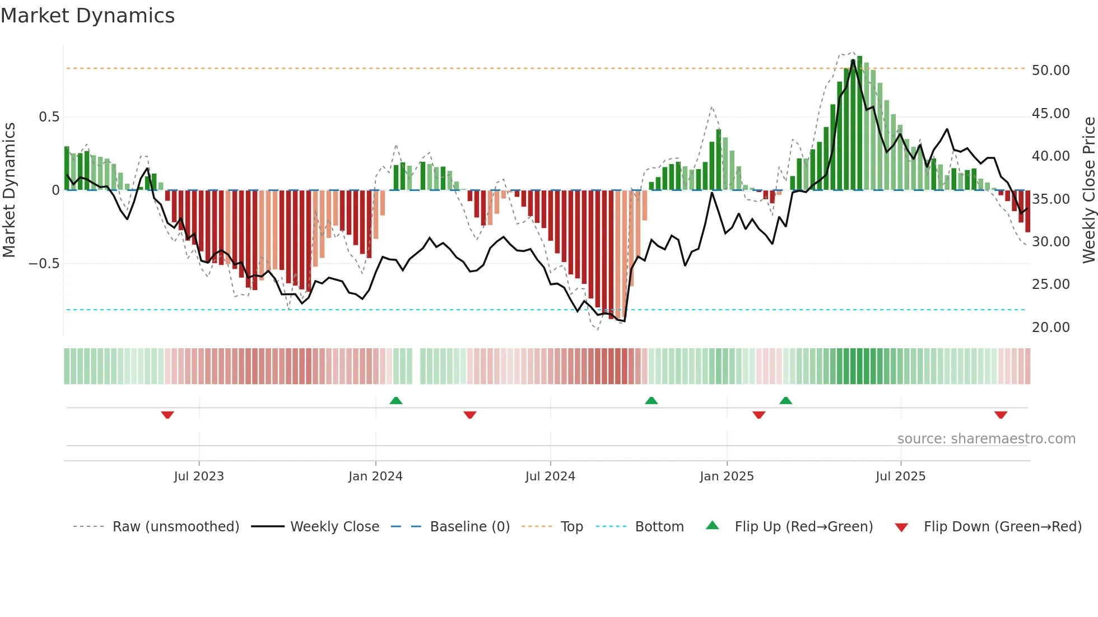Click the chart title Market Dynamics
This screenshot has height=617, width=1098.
pyautogui.click(x=87, y=16)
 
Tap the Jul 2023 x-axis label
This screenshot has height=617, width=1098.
pyautogui.click(x=198, y=476)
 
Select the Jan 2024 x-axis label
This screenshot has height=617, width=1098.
pyautogui.click(x=375, y=476)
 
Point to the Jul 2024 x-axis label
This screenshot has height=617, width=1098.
pyautogui.click(x=550, y=476)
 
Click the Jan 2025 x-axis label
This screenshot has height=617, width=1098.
pyautogui.click(x=727, y=476)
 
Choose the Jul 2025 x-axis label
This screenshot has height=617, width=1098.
pyautogui.click(x=900, y=476)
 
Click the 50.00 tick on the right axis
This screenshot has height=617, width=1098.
pyautogui.click(x=1050, y=71)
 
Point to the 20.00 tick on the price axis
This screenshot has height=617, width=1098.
pyautogui.click(x=1050, y=328)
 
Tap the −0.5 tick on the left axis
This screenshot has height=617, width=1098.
pyautogui.click(x=44, y=264)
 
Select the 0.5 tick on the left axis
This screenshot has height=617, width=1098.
pyautogui.click(x=49, y=117)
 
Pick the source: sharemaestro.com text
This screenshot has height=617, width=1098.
pyautogui.click(x=986, y=439)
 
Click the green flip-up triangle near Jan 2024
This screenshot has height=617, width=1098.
pyautogui.click(x=396, y=400)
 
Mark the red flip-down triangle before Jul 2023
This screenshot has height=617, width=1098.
pyautogui.click(x=168, y=415)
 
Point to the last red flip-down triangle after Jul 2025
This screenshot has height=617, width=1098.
pyautogui.click(x=1001, y=415)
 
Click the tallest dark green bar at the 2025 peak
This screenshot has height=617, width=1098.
pyautogui.click(x=859, y=123)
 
